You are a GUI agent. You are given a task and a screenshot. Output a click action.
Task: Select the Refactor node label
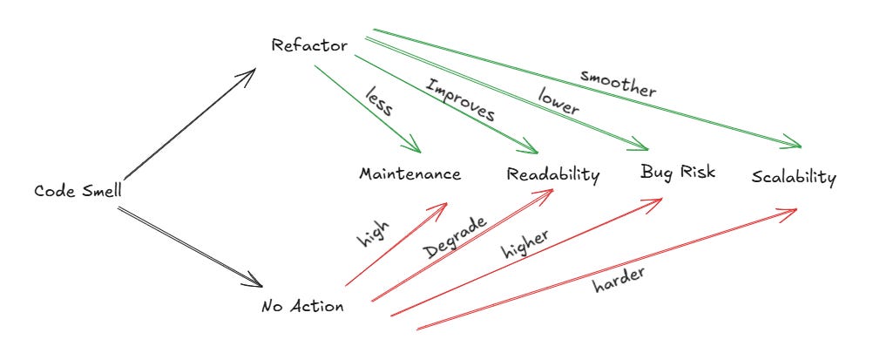click(309, 44)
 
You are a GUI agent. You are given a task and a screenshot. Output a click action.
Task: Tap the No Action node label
click(301, 307)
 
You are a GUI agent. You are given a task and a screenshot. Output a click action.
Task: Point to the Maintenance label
click(409, 173)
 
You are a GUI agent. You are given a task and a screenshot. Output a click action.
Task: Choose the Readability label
click(553, 175)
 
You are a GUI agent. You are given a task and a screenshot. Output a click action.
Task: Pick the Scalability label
click(794, 178)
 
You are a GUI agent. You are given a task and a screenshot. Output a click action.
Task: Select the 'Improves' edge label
click(459, 100)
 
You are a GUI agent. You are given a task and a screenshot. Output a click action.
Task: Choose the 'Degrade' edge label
click(454, 236)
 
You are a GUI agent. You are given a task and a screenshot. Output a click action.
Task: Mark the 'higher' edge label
click(524, 245)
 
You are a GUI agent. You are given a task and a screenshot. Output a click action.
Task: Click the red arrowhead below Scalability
click(795, 210)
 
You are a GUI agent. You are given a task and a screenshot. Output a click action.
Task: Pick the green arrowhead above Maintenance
click(416, 149)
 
